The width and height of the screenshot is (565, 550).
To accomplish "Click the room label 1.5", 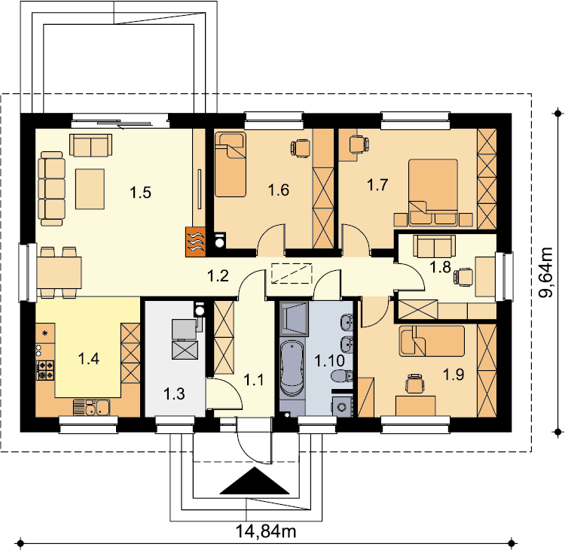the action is pos(141,193).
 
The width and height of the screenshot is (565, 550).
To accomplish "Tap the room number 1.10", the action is pos(330,360).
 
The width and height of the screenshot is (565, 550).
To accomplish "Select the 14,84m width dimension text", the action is pos(266,531).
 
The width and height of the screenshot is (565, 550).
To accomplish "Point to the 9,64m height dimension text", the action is pos(545,272).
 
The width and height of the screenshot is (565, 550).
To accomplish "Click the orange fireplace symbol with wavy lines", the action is pos(195,242).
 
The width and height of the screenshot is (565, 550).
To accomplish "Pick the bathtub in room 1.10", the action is pos(292,369).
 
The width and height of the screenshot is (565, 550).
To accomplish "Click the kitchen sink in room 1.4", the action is pos(92,408).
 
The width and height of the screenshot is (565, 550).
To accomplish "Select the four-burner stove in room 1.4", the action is pos(45,370).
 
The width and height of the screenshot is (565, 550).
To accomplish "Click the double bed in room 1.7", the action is pos(432,193).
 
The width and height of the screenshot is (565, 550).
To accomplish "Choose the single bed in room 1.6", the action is pos(231,165).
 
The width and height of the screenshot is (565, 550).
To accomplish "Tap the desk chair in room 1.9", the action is pos(415,383).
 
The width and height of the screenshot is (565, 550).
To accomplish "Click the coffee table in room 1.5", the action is pos(90,189).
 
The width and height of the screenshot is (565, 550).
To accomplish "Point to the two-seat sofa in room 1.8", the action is pos(435,246).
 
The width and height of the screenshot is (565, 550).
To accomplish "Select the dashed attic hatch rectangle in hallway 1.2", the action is pos(292,273).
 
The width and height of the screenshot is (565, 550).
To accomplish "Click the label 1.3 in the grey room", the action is pos(174,394).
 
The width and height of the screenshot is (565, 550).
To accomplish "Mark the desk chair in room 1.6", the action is pos(301,148).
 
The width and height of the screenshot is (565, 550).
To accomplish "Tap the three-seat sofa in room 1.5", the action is pos(52,189).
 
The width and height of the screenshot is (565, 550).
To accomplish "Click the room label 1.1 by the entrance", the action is pos(254,380).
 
